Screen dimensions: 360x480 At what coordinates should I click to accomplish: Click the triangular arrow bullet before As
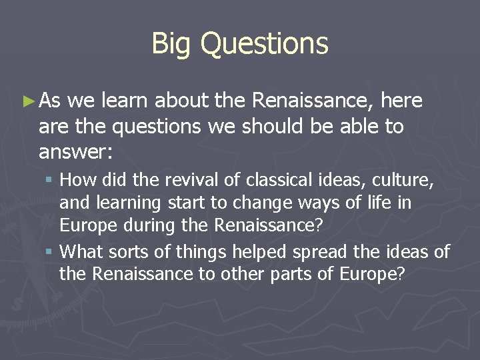click(27, 101)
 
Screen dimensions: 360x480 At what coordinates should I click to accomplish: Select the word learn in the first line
click(125, 101)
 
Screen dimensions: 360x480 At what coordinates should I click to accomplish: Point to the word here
click(401, 101)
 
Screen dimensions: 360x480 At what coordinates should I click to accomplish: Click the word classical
click(275, 179)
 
